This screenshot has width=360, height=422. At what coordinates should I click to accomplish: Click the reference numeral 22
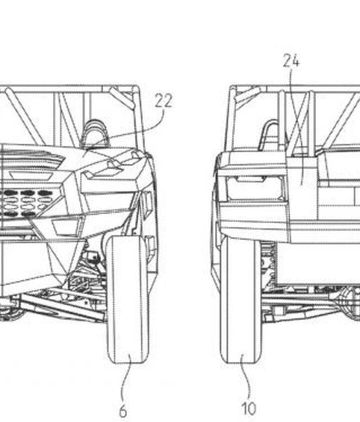[x=163, y=101]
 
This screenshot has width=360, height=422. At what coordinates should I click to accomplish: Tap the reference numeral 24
[x=291, y=60]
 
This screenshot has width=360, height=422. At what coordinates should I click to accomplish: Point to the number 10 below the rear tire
[x=248, y=409]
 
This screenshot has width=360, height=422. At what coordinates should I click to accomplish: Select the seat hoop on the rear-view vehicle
[x=270, y=132]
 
